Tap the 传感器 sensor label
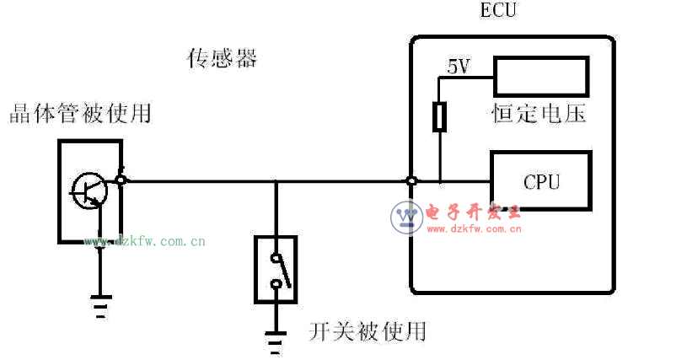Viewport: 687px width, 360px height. point(222,59)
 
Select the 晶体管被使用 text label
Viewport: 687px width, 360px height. point(80,113)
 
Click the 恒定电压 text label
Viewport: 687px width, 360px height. point(539,114)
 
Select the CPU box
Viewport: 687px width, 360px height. point(541,181)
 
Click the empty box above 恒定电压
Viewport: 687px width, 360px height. point(542,77)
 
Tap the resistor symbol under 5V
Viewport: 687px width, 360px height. point(439,117)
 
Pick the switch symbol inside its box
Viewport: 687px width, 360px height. point(276,270)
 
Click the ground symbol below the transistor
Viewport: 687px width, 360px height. point(101,307)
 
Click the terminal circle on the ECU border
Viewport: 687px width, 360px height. point(411,181)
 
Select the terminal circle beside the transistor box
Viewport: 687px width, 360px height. point(121,180)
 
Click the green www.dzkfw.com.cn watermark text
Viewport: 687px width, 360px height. point(144,242)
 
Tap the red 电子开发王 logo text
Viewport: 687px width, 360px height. point(475,212)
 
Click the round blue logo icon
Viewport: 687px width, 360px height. point(406,218)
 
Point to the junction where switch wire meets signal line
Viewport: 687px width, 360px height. point(276,180)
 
